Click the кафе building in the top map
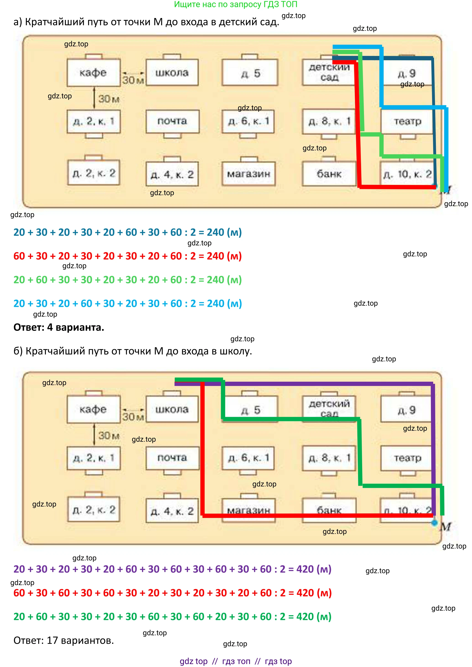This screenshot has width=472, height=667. pos(93,73)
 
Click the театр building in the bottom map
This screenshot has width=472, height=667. pos(407,458)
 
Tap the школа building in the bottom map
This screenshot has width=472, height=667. pos(172,409)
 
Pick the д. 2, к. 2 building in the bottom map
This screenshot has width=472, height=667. pos(94,509)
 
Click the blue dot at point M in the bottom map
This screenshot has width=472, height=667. pos(434,523)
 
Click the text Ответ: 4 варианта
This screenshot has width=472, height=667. pos(59,327)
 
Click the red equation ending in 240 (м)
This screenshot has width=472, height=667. pos(127,256)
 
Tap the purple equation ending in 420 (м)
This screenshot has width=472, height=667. pos(172,569)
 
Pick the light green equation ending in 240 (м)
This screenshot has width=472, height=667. pos(127,280)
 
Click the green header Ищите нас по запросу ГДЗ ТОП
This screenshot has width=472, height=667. pos(235,4)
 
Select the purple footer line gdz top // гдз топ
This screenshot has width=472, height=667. pos(235,661)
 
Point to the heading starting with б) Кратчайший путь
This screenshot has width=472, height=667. pos(132,351)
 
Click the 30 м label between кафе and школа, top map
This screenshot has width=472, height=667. pos(133,80)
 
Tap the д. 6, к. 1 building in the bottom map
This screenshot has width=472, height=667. pos(248,458)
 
